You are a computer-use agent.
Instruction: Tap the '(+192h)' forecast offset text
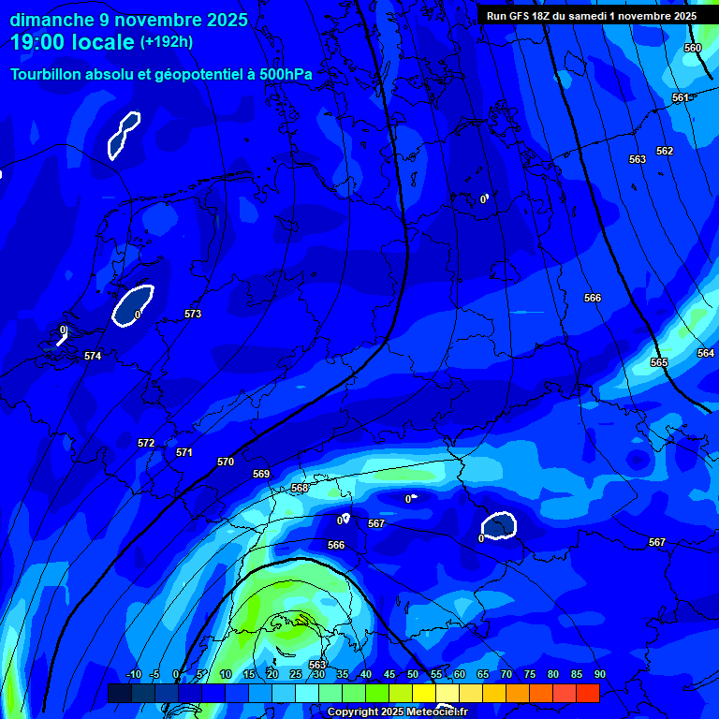point(167,42)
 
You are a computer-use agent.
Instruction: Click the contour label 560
point(693,48)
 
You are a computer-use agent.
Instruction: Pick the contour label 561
point(681,98)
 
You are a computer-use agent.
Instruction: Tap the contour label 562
point(665,151)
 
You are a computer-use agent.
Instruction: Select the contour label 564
point(706,353)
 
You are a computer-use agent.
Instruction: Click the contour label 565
point(659,362)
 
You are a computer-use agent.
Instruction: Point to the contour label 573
point(193,314)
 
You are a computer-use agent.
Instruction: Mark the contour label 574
point(92,356)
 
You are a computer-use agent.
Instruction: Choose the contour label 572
point(146,443)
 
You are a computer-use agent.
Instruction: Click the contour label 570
point(226,462)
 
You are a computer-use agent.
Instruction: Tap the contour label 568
point(300,488)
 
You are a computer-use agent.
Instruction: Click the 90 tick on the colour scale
point(599,674)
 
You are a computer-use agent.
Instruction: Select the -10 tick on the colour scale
point(132,674)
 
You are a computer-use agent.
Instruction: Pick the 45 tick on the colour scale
point(389,674)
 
